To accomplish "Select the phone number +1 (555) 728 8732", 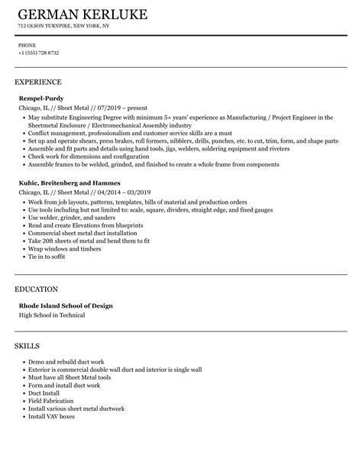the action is tap(38, 53).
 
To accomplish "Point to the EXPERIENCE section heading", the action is tap(38, 81).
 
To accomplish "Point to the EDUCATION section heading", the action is tap(37, 290).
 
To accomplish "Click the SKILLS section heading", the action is tap(29, 347).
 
